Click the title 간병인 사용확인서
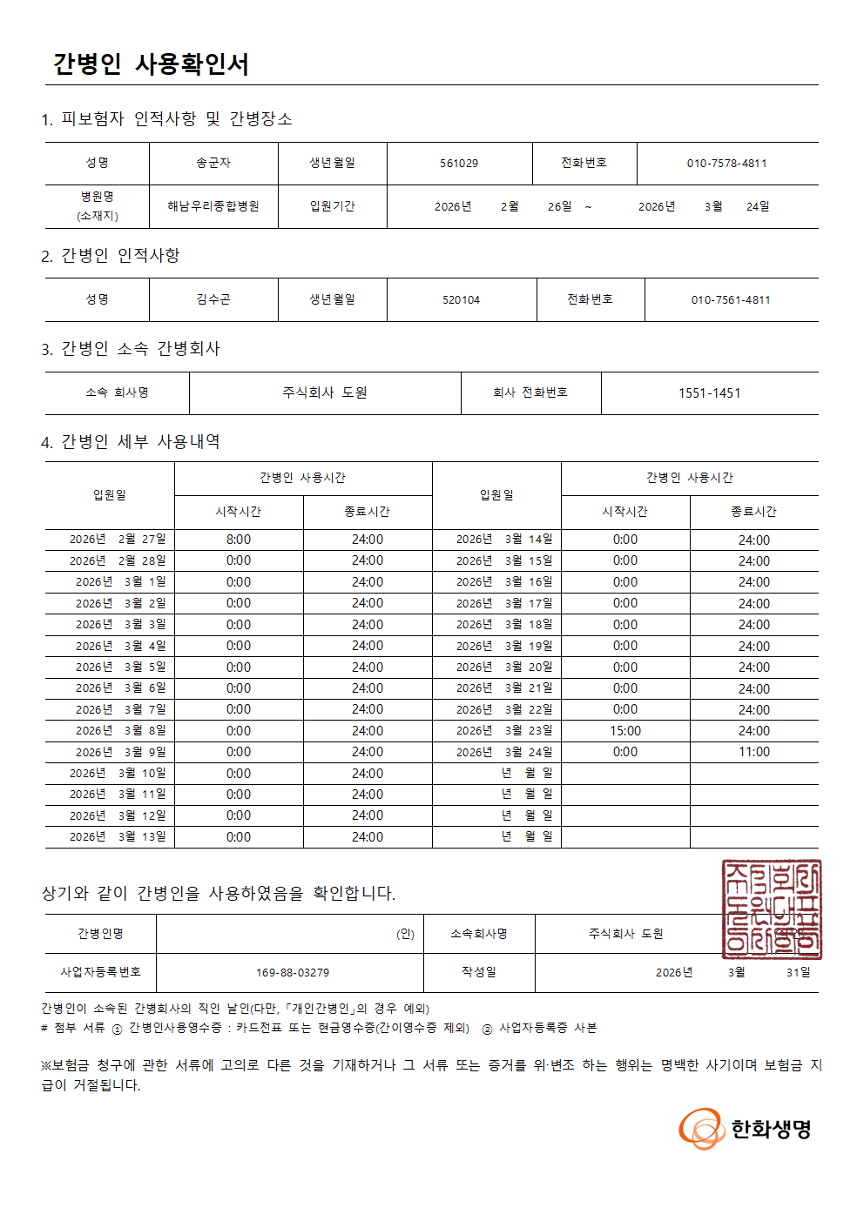[151, 64]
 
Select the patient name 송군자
[213, 163]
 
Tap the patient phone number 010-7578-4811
[726, 163]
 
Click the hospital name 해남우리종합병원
[213, 206]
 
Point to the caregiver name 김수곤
[213, 299]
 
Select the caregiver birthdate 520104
[461, 300]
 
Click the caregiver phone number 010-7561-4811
[731, 300]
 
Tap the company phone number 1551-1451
[709, 393]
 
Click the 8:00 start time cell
[239, 540]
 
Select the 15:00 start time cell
[625, 731]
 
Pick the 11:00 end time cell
[754, 752]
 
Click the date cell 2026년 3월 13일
[118, 837]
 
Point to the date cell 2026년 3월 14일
[504, 540]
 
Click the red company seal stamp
[772, 909]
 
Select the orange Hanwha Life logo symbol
[701, 1129]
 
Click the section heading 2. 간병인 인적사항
[111, 256]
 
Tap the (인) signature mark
[405, 934]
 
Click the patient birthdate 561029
[459, 164]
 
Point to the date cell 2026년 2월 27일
[118, 540]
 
